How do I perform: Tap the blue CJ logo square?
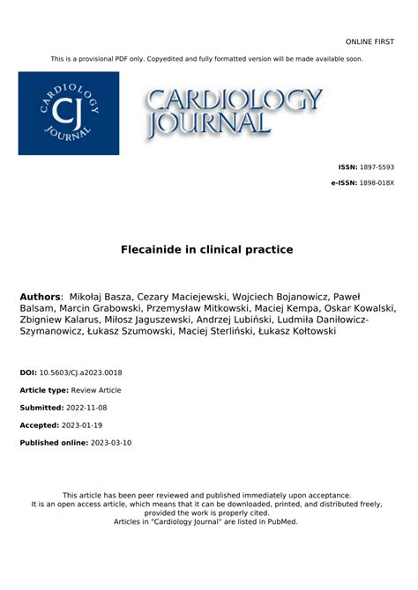(x=69, y=113)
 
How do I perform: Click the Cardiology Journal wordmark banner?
(x=235, y=112)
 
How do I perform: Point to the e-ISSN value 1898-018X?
(x=377, y=182)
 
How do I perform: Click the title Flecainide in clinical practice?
(x=207, y=250)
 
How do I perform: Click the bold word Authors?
(x=41, y=297)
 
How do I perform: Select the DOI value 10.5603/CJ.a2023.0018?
(x=81, y=373)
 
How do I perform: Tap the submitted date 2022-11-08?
(x=93, y=408)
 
